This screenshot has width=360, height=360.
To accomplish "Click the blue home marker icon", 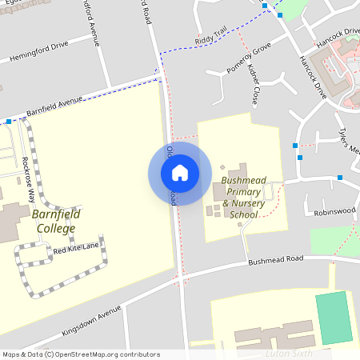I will coord(180,172).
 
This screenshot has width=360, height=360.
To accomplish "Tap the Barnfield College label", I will coord(53,222).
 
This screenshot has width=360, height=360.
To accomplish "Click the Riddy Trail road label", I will coord(211,38).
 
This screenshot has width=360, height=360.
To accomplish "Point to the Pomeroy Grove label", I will coord(249,59).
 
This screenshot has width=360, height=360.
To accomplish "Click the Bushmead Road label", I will coord(276,261).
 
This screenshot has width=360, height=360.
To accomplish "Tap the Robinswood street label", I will coord(334,213).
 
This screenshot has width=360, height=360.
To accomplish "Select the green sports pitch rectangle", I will coord(334,318).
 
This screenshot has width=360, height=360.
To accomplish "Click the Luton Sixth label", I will coord(288,353).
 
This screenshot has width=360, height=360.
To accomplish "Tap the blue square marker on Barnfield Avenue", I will coord(8,122).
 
